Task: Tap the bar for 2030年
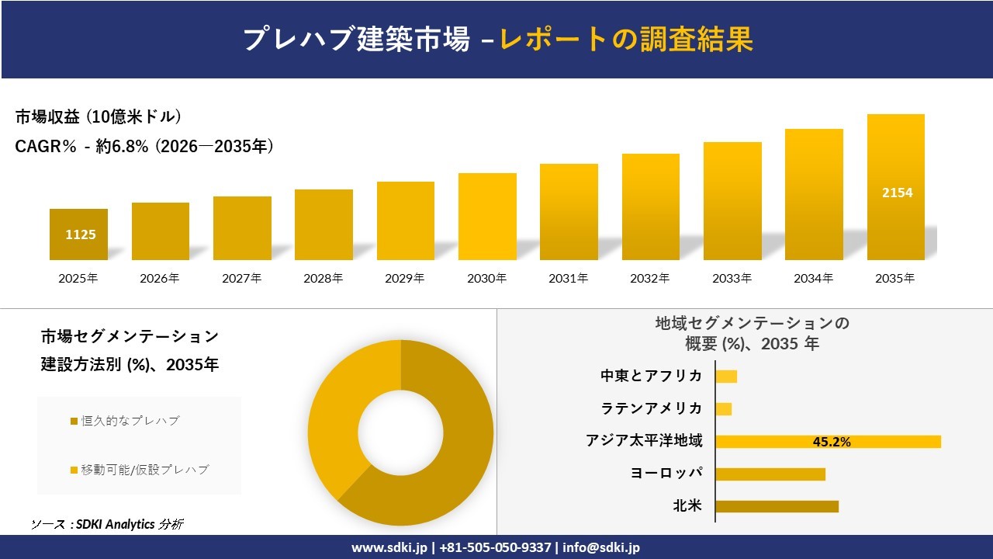(x=487, y=217)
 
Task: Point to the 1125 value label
(x=81, y=234)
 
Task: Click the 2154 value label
(x=897, y=193)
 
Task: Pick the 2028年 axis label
(x=324, y=278)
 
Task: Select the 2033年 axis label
(x=732, y=278)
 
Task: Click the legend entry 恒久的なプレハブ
(x=130, y=421)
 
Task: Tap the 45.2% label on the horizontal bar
(x=831, y=442)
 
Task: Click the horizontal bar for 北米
(x=777, y=506)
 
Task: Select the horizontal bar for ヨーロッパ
(x=770, y=474)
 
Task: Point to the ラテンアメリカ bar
(x=723, y=409)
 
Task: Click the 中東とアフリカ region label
(x=651, y=376)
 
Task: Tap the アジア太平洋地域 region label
(x=644, y=441)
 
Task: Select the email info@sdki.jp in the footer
(x=601, y=547)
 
